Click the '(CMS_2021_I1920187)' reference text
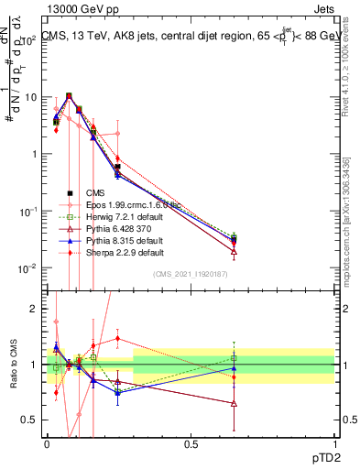pyautogui.click(x=191, y=274)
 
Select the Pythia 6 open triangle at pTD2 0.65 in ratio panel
pyautogui.click(x=235, y=403)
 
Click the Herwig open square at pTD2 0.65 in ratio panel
pyautogui.click(x=235, y=358)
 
